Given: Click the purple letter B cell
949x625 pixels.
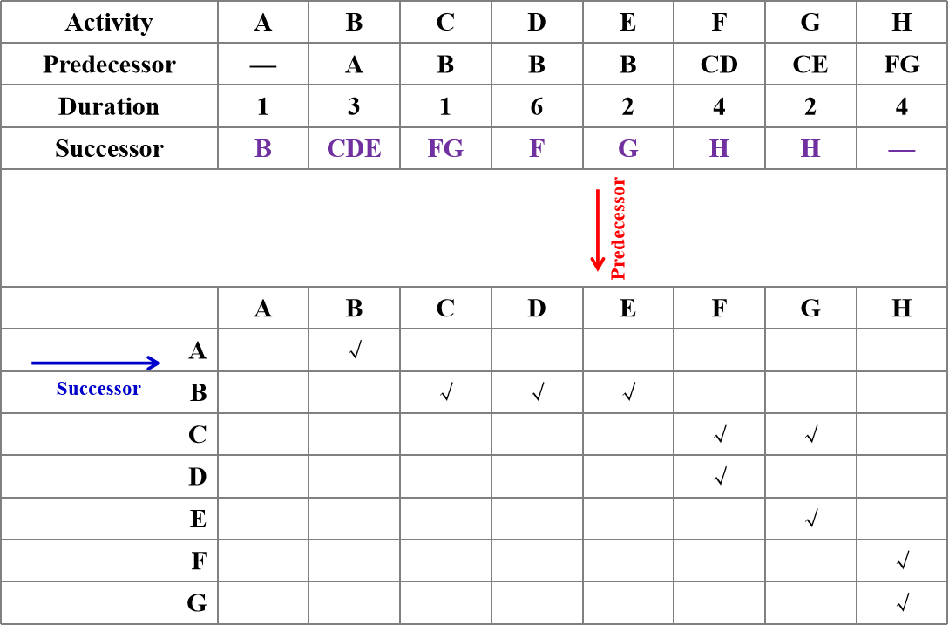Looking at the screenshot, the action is tap(262, 149).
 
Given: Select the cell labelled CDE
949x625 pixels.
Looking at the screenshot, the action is tap(354, 149).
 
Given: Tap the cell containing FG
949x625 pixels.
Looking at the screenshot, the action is tap(445, 149).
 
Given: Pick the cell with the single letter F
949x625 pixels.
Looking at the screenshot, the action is tap(537, 149).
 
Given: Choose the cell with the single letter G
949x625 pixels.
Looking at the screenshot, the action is tap(628, 149).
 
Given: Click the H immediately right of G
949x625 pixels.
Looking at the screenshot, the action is tap(719, 149).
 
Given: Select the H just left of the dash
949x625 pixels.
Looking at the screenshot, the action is tap(810, 149).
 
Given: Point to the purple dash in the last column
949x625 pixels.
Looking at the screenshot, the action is tap(902, 150).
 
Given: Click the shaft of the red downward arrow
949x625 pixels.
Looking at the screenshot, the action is tap(598, 222).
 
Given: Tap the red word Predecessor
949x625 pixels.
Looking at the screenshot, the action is tap(620, 228).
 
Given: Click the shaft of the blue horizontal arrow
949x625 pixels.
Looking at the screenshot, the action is tap(87, 363).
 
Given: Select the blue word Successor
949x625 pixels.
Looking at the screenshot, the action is tap(98, 389).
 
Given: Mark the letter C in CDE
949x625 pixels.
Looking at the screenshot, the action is tap(336, 149).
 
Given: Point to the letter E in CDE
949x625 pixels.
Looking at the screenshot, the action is tap(373, 149).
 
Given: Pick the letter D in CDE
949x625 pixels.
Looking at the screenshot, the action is tap(355, 149).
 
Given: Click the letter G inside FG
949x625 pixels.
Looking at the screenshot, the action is tap(454, 149).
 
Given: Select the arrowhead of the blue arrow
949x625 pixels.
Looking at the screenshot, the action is tap(154, 363).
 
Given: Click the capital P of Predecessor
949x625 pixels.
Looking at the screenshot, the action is tap(620, 273).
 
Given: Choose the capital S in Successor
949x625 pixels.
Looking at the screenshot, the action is tap(61, 389).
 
